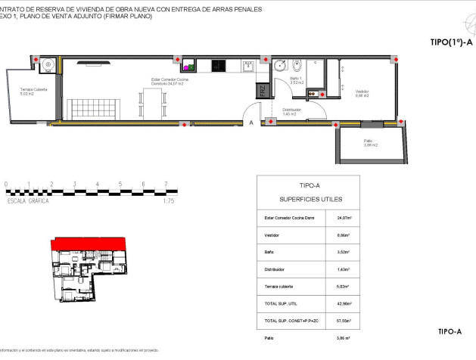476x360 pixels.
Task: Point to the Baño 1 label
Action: [296, 82]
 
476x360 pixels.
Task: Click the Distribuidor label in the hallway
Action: [291, 111]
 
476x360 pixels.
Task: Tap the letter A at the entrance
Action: [251, 122]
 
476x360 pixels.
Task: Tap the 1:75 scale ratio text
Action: [170, 202]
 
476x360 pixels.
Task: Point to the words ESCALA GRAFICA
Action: [29, 202]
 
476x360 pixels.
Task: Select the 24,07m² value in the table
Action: [353, 218]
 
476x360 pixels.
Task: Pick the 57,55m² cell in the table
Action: [353, 321]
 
